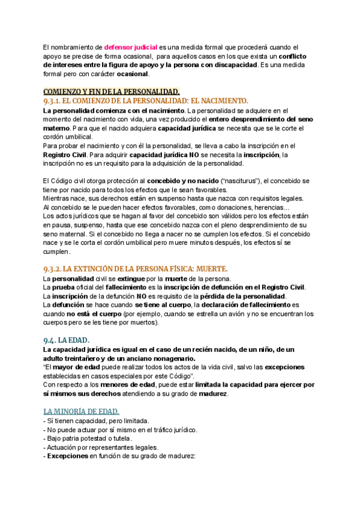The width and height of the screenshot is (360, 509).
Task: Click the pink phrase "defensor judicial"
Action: [x=131, y=47]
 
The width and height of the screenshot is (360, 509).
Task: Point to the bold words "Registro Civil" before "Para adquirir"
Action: [x=65, y=155]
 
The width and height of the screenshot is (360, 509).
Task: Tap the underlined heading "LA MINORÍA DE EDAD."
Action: [x=81, y=411]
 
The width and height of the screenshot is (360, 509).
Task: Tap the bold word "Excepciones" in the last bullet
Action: [x=68, y=456]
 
